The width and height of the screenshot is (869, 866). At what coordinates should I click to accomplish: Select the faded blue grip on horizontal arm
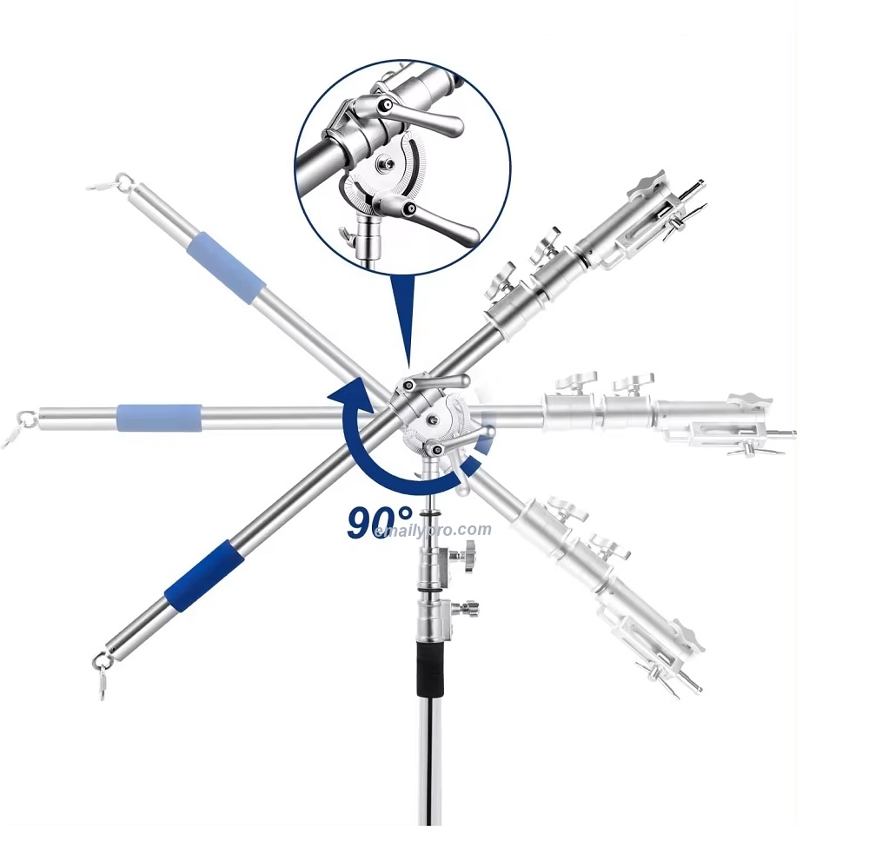tap(158, 417)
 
